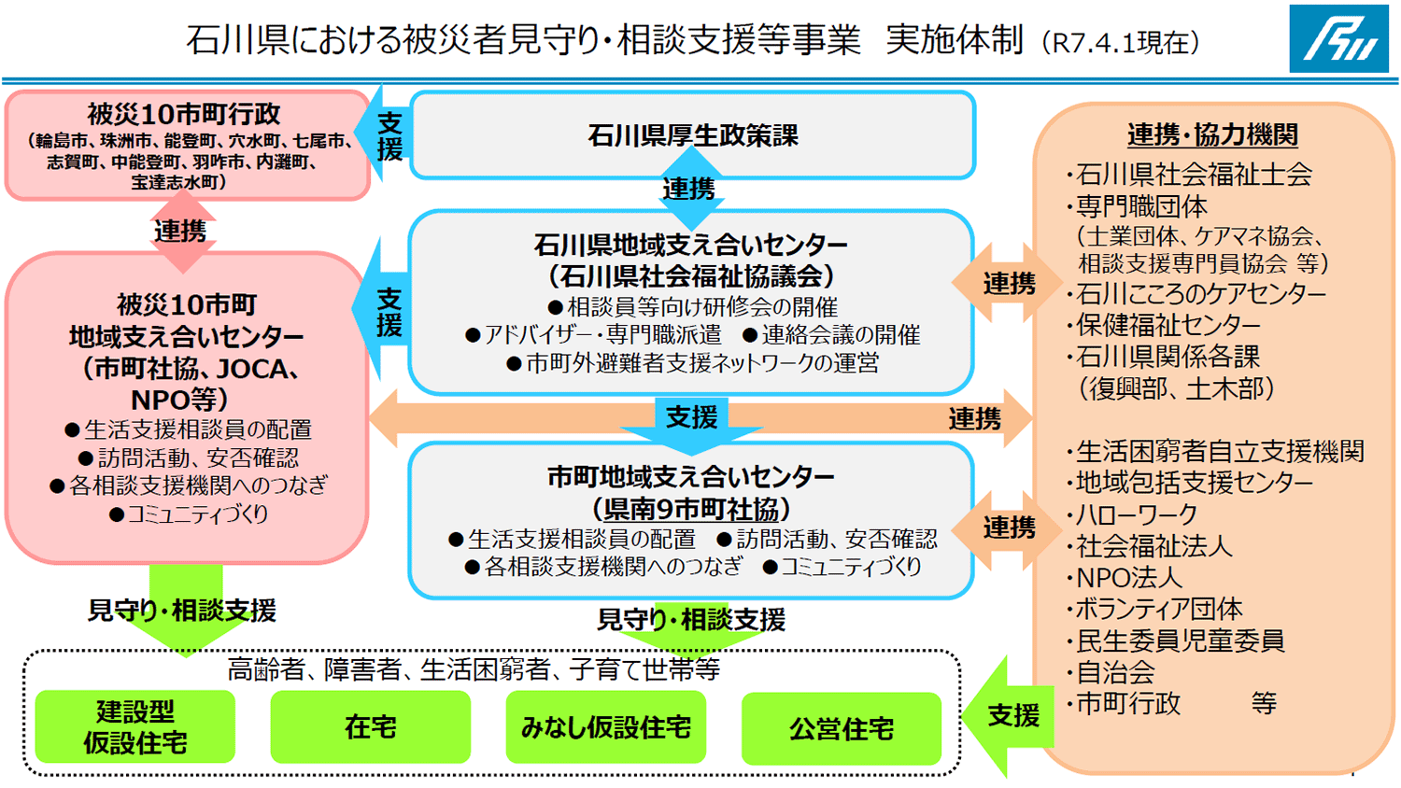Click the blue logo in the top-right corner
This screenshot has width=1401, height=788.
pos(1338,38)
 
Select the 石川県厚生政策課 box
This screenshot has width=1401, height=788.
pos(692,135)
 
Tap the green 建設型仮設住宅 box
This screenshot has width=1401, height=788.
pos(135,727)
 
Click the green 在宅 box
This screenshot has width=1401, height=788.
pos(371,727)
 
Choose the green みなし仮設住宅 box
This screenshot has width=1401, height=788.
pos(606,727)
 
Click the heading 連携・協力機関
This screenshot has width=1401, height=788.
pos(1212,134)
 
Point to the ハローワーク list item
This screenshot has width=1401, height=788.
pos(1136,514)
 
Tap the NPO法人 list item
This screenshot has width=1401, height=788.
pos(1128,578)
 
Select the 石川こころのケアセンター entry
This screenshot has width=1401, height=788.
pos(1200,294)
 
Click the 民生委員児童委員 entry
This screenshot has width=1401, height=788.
pos(1180,640)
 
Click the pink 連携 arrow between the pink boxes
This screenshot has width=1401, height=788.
pos(181,230)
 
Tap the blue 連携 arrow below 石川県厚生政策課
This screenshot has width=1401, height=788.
pos(689,190)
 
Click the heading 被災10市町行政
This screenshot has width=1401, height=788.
pos(184,114)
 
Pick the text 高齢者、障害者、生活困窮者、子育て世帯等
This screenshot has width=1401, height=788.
pos(474,669)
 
